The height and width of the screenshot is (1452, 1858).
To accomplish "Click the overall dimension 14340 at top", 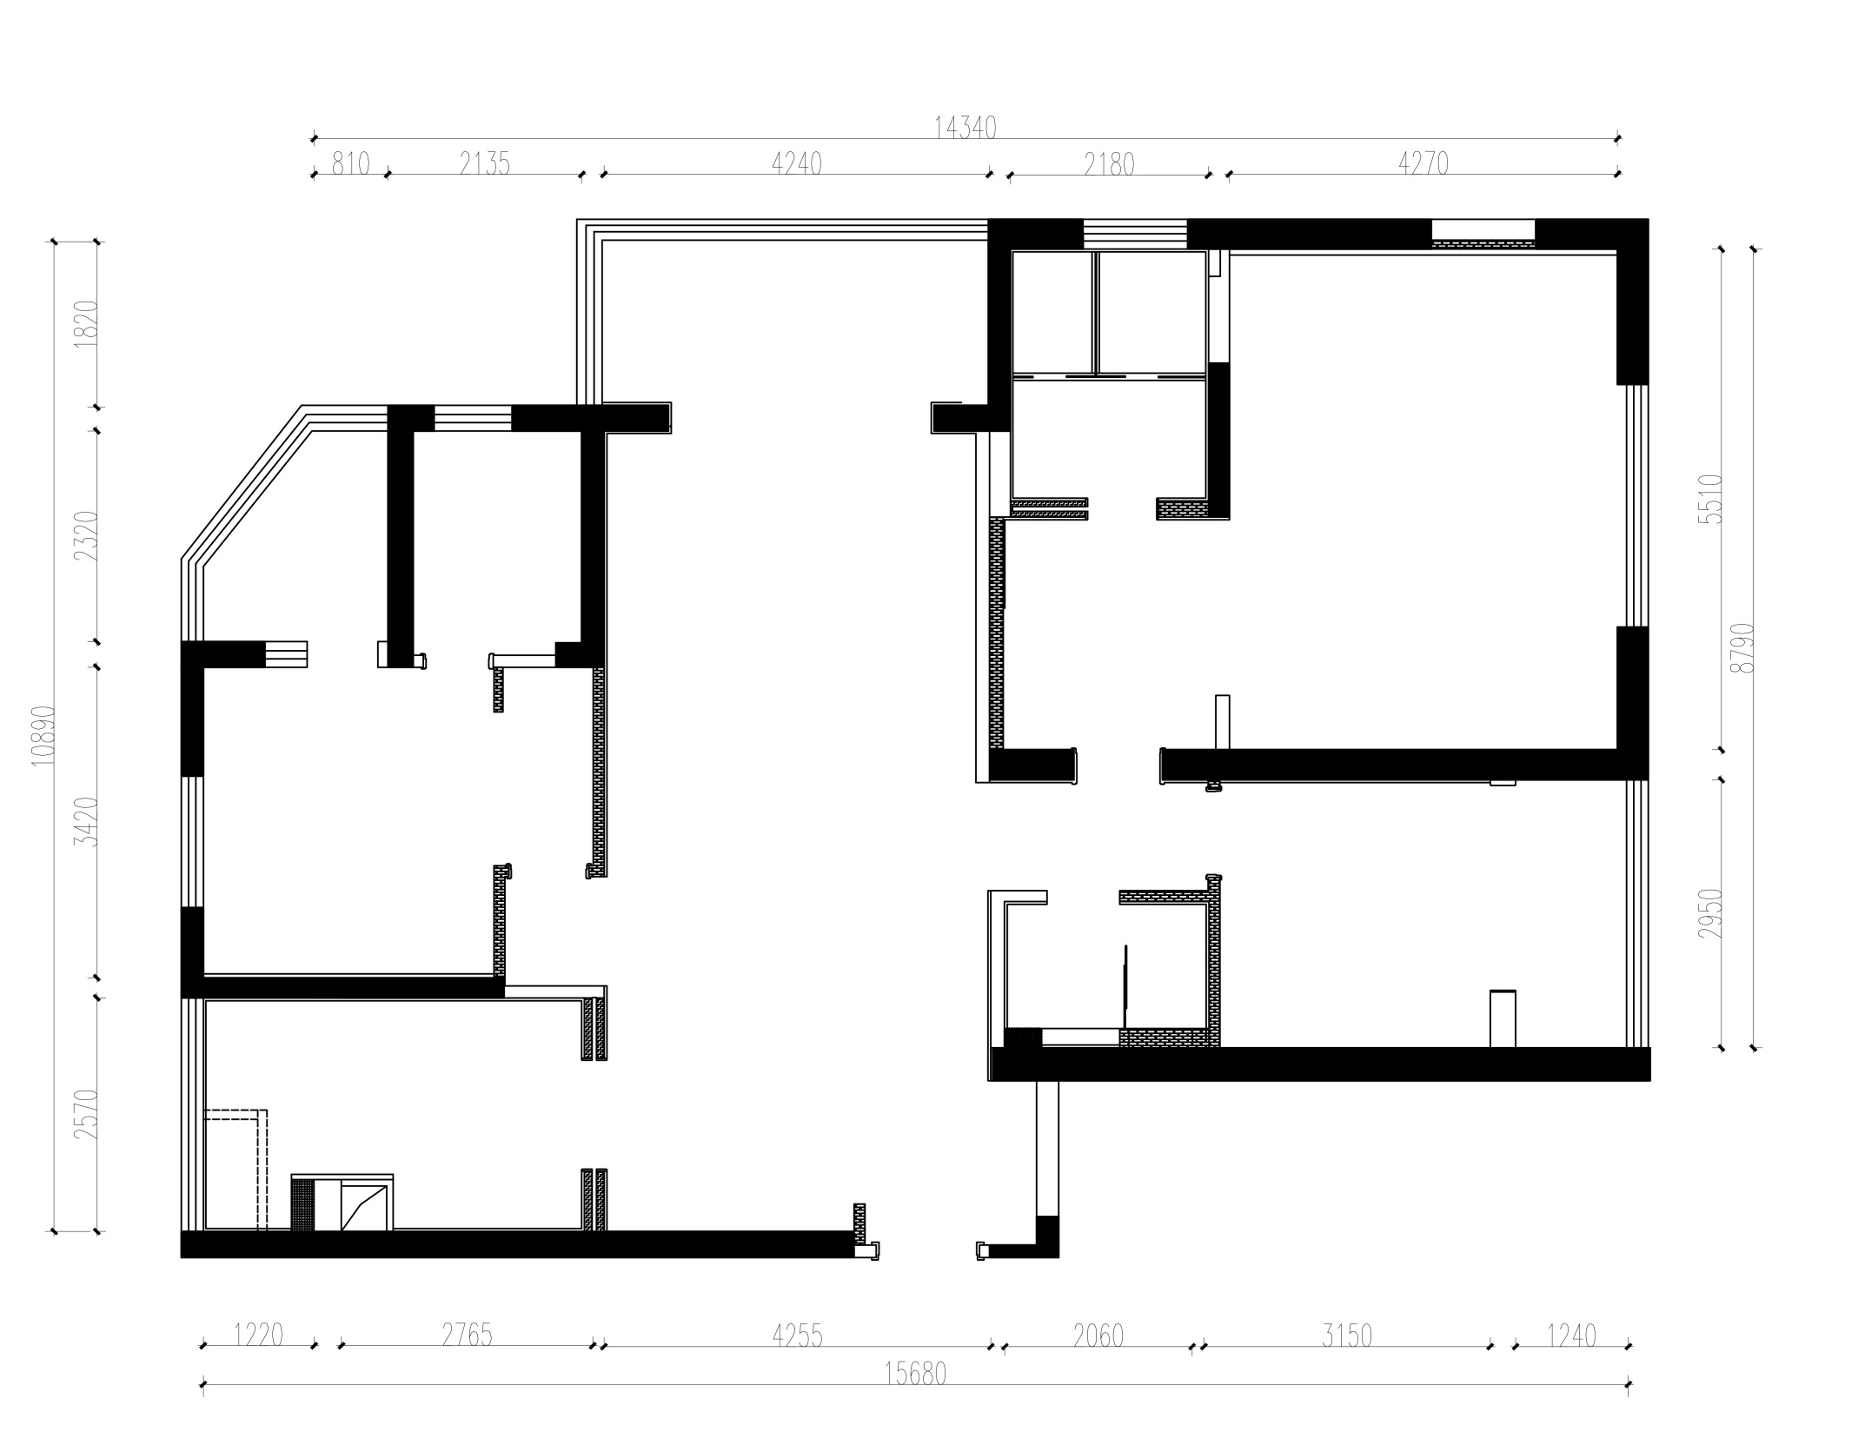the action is [x=965, y=128].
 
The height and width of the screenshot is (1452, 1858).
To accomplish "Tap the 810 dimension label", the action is [x=351, y=163].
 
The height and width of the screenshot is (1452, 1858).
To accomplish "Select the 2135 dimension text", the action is [x=485, y=163].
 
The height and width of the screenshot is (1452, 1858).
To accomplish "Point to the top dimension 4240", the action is [x=797, y=163].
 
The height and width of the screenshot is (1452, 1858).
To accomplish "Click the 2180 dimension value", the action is [x=1110, y=163].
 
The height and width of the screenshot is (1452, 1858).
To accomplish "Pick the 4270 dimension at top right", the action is [x=1423, y=163].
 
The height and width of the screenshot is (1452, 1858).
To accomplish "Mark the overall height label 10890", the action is [x=43, y=735].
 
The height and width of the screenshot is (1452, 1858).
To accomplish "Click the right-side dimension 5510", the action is [x=1710, y=499].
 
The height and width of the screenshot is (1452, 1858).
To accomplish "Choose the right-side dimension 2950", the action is [x=1710, y=912].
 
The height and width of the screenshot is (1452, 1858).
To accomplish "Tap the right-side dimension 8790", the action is [x=1742, y=647].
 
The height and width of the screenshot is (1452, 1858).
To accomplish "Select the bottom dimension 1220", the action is [x=258, y=1335].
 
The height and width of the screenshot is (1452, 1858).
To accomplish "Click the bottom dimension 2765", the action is [x=467, y=1335].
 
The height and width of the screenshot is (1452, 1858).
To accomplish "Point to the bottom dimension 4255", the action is [x=797, y=1335].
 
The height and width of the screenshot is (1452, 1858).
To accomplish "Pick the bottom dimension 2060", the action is [x=1098, y=1335].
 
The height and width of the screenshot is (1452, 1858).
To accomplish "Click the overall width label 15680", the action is [x=915, y=1374].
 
